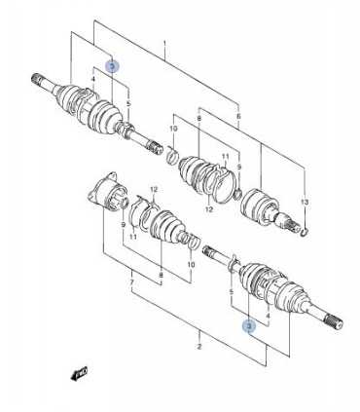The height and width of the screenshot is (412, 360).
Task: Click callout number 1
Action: [x=164, y=44]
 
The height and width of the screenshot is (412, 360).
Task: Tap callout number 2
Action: [x=199, y=347]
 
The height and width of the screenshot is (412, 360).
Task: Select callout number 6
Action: [x=239, y=116]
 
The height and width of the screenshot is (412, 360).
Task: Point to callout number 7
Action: [x=132, y=282]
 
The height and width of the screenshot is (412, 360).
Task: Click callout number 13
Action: [x=305, y=203]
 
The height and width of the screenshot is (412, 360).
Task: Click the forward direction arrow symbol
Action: [x=79, y=373]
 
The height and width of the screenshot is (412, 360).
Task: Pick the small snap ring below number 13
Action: [x=304, y=232]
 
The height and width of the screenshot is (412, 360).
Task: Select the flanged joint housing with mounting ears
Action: [x=108, y=192]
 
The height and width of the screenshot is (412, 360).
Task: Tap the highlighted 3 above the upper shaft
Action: [x=113, y=66]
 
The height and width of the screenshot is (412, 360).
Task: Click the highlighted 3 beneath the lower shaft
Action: [x=249, y=326]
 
